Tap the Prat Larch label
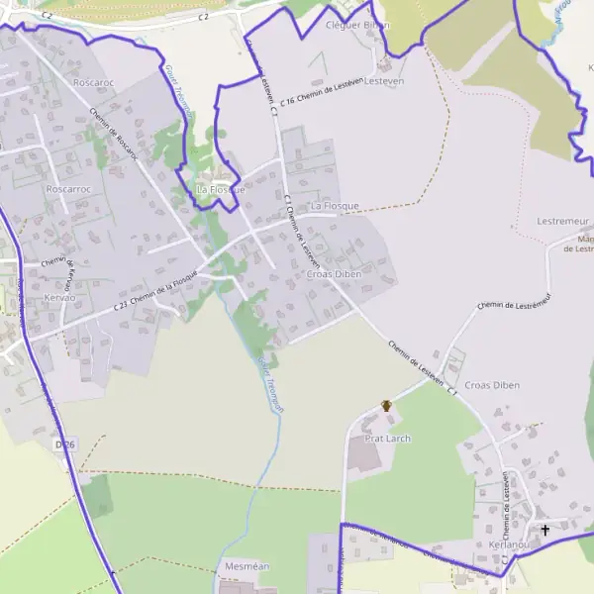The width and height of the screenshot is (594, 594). pos(387,439)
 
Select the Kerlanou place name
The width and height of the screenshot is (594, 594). pos(509,545)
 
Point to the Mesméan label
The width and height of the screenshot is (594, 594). pos(248,566)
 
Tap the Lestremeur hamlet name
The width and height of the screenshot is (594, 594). pos(562,221)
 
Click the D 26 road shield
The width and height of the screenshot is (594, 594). pos(65,445)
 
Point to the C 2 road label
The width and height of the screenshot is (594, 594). pos(205,17)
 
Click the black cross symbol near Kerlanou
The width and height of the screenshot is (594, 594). pos(544,531)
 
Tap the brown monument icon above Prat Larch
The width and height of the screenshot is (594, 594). pos(387,406)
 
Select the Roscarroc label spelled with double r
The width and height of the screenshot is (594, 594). pos(68,188)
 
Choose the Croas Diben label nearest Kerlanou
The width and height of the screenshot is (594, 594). pos(492,384)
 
